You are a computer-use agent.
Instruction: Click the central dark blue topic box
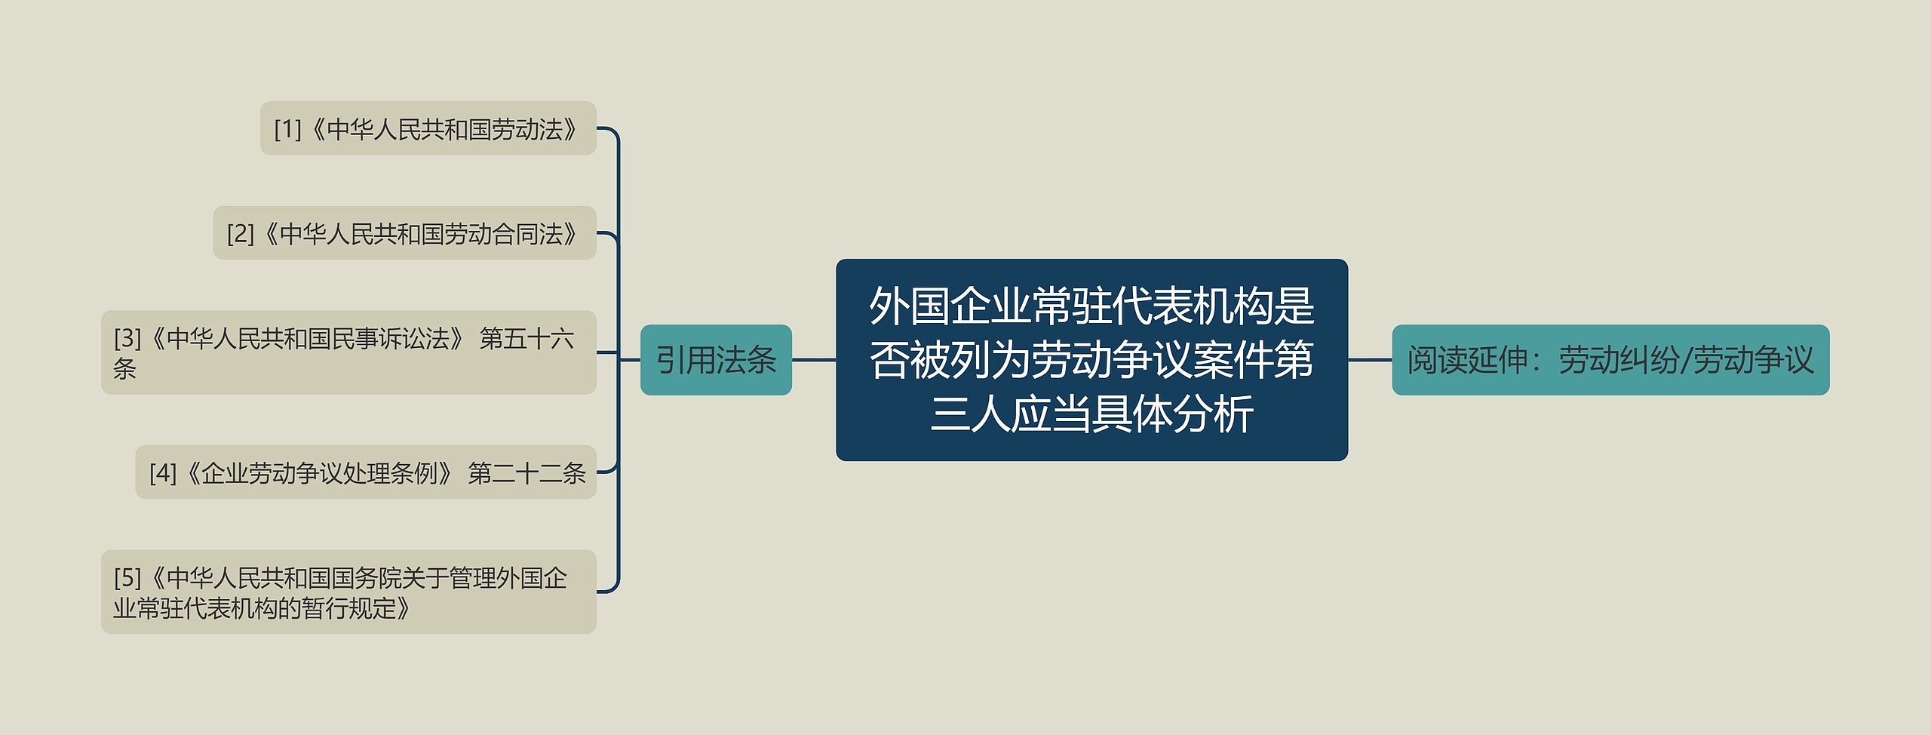[1091, 360]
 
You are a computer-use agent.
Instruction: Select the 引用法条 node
[716, 360]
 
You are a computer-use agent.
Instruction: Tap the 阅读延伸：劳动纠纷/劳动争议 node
[1610, 360]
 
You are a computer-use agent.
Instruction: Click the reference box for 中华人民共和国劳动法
[428, 128]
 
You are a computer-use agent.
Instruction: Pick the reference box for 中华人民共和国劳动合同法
[404, 232]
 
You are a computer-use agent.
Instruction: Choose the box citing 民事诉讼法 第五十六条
[348, 352]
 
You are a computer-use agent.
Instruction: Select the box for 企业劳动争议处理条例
[366, 472]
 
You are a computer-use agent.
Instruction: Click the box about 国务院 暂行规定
[348, 592]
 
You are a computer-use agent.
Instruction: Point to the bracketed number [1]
[287, 130]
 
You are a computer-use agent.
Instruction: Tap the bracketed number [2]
[241, 234]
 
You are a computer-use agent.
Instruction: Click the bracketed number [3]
[127, 338]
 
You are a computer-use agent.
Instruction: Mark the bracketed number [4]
[163, 474]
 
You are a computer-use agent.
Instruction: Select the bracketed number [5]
[127, 578]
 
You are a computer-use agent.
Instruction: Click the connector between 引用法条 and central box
[814, 360]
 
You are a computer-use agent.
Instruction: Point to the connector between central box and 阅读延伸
[1370, 360]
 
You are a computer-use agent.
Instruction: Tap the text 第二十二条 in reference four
[526, 474]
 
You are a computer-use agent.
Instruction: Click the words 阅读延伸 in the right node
[1467, 360]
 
